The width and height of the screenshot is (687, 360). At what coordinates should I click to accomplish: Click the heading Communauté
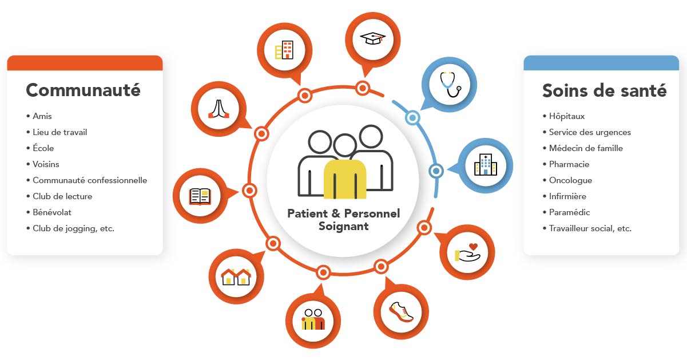pyautogui.click(x=84, y=90)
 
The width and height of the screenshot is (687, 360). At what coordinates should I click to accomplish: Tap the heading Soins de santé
pyautogui.click(x=604, y=90)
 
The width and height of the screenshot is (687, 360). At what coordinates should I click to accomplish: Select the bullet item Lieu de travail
pyautogui.click(x=60, y=132)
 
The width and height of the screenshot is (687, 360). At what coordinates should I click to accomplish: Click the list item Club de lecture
pyautogui.click(x=62, y=196)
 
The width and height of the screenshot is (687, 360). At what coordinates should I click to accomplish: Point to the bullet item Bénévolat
pyautogui.click(x=51, y=212)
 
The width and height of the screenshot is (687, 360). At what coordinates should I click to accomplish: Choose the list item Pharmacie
pyautogui.click(x=569, y=164)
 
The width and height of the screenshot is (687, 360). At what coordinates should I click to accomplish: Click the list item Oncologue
pyautogui.click(x=570, y=180)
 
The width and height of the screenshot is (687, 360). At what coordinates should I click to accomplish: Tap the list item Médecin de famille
pyautogui.click(x=586, y=148)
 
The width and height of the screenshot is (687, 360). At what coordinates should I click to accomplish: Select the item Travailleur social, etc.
pyautogui.click(x=590, y=228)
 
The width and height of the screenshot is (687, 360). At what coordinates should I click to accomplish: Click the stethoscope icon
pyautogui.click(x=450, y=85)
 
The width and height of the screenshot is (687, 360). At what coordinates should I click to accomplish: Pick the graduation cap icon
pyautogui.click(x=372, y=38)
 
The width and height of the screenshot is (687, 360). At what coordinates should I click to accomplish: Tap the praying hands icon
pyautogui.click(x=219, y=108)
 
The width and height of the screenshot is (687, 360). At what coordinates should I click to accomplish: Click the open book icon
pyautogui.click(x=200, y=196)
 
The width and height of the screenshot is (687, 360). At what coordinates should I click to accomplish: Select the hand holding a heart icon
pyautogui.click(x=467, y=252)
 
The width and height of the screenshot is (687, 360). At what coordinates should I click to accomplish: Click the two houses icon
pyautogui.click(x=236, y=276)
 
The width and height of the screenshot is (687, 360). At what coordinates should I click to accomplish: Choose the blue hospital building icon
pyautogui.click(x=485, y=165)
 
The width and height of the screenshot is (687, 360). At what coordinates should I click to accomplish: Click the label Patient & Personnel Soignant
pyautogui.click(x=343, y=220)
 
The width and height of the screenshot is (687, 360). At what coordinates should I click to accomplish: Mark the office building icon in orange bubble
pyautogui.click(x=284, y=50)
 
